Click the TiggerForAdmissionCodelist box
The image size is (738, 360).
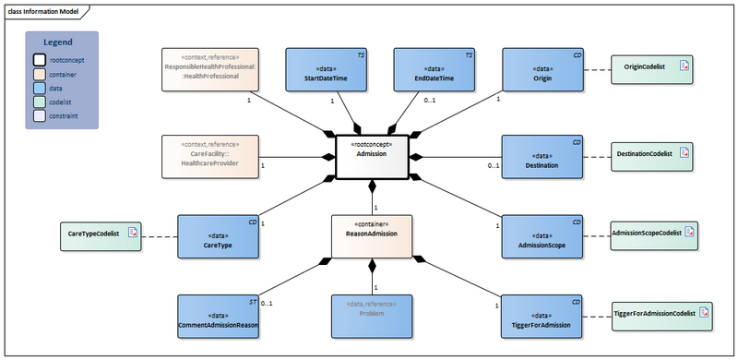click(x=662, y=315)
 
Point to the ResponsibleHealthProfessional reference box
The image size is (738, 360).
click(x=209, y=69)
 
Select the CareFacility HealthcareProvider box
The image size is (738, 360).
click(x=209, y=157)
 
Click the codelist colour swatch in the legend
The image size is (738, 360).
click(x=40, y=102)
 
